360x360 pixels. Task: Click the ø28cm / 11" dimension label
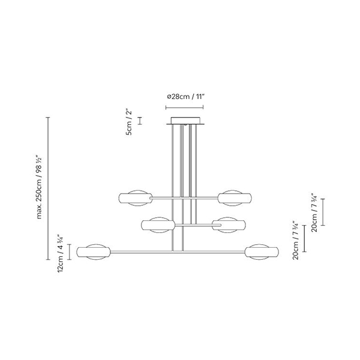click(185, 97)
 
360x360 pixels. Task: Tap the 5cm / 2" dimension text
click(129, 122)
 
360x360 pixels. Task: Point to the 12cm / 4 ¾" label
click(61, 253)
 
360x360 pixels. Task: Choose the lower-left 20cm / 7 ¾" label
click(295, 241)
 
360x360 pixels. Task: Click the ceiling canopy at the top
click(185, 121)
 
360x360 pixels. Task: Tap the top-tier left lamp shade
click(136, 198)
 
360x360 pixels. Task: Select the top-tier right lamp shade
click(235, 198)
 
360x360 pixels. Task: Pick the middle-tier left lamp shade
click(158, 225)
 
